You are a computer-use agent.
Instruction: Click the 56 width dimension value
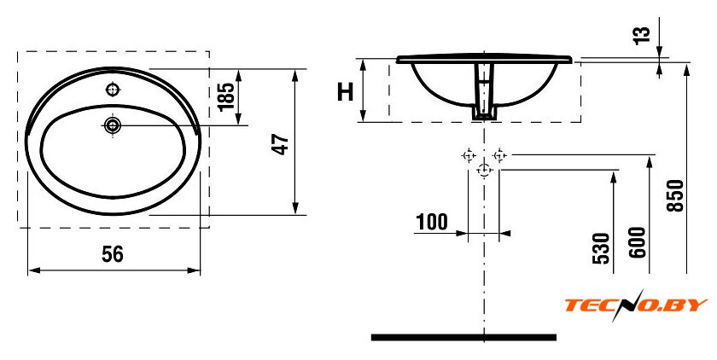(113, 254)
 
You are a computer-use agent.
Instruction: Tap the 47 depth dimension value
(281, 144)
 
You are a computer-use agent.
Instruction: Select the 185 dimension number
(226, 96)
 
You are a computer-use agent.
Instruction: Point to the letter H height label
(345, 91)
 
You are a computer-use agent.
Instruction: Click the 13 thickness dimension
(642, 35)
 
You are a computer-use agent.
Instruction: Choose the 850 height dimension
(675, 195)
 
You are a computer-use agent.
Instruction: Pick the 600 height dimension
(638, 242)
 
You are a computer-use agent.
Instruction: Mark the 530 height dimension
(601, 248)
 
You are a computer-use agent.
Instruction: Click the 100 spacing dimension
(432, 222)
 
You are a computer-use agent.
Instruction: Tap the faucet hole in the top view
(113, 90)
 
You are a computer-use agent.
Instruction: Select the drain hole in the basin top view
(112, 125)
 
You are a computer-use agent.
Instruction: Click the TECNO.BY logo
(636, 305)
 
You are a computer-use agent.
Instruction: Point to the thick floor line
(463, 338)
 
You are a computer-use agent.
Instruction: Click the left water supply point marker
(469, 155)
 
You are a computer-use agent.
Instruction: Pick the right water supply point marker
(499, 155)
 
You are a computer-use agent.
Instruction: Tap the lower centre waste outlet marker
(484, 170)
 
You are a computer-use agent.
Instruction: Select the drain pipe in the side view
(484, 92)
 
